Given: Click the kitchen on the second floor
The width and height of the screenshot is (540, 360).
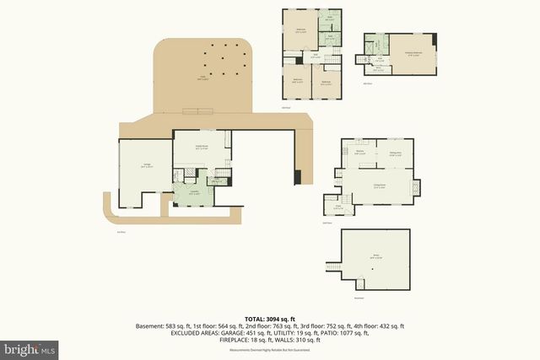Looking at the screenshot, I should coord(360,154).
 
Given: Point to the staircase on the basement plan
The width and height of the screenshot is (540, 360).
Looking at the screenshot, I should coord(332,268).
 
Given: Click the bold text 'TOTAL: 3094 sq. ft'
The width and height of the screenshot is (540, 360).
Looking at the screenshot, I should coord(269,317).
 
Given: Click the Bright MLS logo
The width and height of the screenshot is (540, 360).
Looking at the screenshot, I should coord(30,347).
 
